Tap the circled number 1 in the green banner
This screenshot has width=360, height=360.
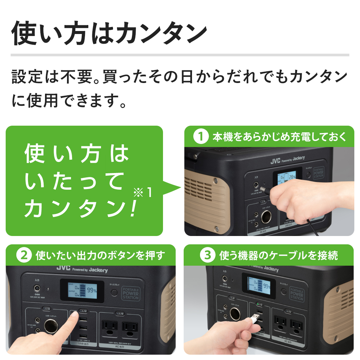pyautogui.click(x=201, y=137)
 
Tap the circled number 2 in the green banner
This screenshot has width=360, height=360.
pyautogui.click(x=24, y=256)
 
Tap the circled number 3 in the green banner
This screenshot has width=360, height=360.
pyautogui.click(x=207, y=256)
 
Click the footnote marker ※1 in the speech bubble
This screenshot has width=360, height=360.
pyautogui.click(x=143, y=193)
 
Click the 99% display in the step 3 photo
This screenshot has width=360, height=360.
pyautogui.click(x=266, y=286)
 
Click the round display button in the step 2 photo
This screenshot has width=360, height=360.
pyautogui.click(x=114, y=293)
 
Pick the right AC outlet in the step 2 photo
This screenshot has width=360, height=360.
pyautogui.click(x=130, y=328)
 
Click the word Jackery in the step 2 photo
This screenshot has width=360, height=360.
pyautogui.click(x=98, y=270)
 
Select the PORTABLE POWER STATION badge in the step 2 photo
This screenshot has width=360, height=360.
pyautogui.click(x=131, y=293)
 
